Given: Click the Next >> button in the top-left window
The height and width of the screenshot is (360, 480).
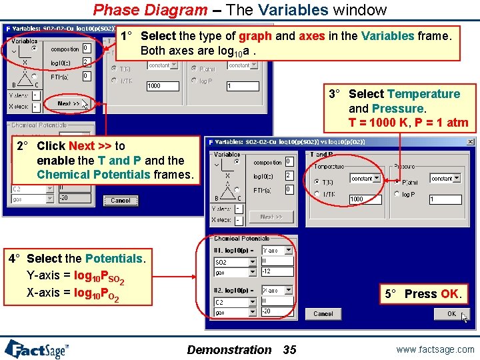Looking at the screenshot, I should [68, 104].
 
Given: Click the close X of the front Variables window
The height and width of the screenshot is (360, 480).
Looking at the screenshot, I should [471, 141].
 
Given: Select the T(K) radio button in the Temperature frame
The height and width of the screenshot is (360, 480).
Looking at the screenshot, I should [317, 181].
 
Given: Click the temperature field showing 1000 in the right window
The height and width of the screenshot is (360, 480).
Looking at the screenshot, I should [366, 199].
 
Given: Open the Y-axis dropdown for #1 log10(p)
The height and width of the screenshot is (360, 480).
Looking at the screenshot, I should [278, 251].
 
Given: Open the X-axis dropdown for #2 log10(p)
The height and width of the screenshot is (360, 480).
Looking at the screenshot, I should [278, 291].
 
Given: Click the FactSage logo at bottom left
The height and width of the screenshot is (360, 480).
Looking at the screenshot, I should [37, 349].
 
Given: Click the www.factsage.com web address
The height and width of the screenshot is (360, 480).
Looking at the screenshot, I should [435, 349].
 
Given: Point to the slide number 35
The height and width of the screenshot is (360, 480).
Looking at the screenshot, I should [290, 349].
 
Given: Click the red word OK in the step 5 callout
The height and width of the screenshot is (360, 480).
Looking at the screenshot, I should [449, 294].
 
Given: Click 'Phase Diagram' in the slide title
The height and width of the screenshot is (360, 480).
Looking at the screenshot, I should [150, 10].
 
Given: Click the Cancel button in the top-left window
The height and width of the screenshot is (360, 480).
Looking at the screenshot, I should [121, 201].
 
